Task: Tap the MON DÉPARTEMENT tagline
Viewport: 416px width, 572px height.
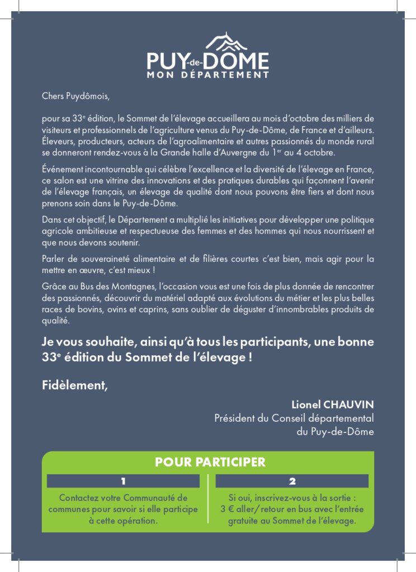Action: pos(207,74)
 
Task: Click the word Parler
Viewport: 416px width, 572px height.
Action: pos(54,259)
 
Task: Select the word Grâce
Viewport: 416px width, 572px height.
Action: pos(53,287)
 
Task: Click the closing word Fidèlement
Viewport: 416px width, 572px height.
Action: pos(74,384)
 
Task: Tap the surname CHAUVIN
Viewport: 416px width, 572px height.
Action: pos(347,404)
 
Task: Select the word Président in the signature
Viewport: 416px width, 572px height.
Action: pos(234,418)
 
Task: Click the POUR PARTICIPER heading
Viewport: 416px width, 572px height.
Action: pos(210,463)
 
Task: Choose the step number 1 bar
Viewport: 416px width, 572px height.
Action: pos(123,481)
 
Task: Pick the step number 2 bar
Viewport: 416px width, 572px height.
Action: pos(292,481)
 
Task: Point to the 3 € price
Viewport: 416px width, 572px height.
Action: pos(228,509)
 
